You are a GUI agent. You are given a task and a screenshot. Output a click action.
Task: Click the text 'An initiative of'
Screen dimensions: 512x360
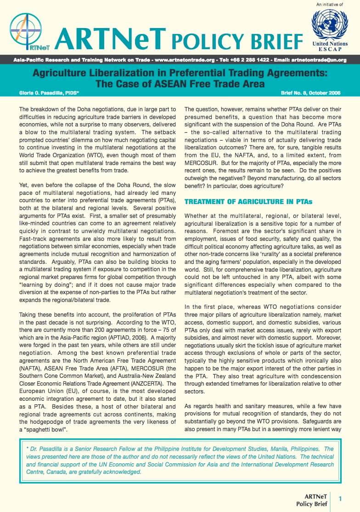click(x=330, y=5)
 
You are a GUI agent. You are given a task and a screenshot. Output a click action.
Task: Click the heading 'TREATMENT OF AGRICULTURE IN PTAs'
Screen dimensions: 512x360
click(x=248, y=202)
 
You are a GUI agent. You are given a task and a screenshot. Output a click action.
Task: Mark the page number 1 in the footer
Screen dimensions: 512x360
click(x=340, y=499)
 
